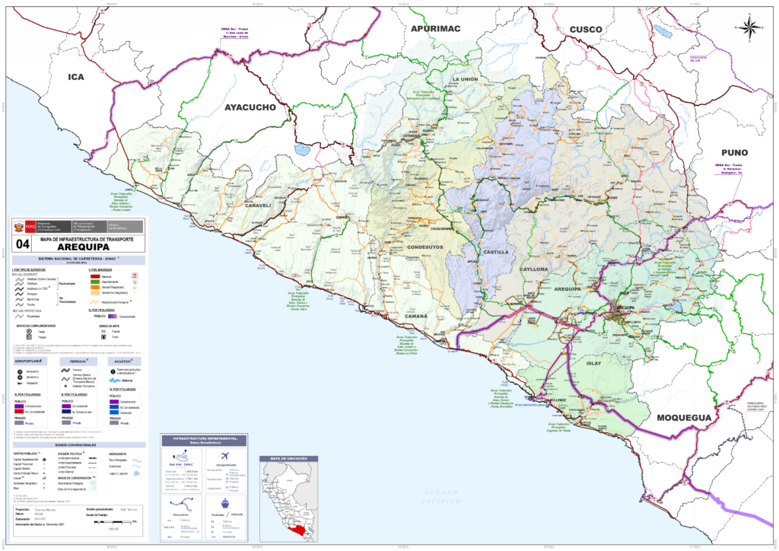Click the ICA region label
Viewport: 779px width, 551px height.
point(76,77)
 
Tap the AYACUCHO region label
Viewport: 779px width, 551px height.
point(250,108)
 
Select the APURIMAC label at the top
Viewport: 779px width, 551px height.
point(436,28)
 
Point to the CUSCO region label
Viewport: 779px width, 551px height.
point(586,29)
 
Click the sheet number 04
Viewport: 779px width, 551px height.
point(23,244)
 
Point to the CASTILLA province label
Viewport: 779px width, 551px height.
point(495,252)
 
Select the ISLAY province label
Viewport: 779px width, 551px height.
point(593,363)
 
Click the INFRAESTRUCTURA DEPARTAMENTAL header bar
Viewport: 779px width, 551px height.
point(205,441)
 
